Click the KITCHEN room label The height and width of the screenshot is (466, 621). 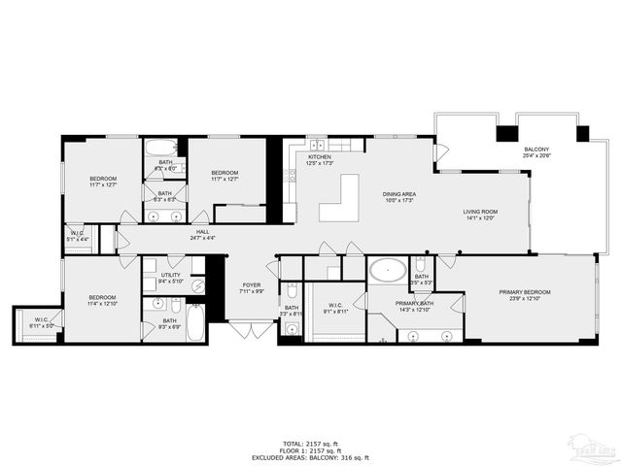click(x=320, y=156)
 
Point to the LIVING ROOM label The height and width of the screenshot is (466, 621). click(x=479, y=212)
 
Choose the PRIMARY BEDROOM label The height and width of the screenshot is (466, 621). click(x=525, y=292)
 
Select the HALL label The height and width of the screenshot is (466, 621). click(x=203, y=232)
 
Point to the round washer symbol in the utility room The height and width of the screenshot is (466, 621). click(x=197, y=285)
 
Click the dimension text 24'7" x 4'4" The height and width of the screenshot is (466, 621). click(x=203, y=238)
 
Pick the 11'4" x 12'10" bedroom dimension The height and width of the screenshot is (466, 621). click(x=102, y=303)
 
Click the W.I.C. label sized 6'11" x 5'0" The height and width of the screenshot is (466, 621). click(x=42, y=324)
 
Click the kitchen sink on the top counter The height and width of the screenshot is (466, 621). click(x=318, y=145)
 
